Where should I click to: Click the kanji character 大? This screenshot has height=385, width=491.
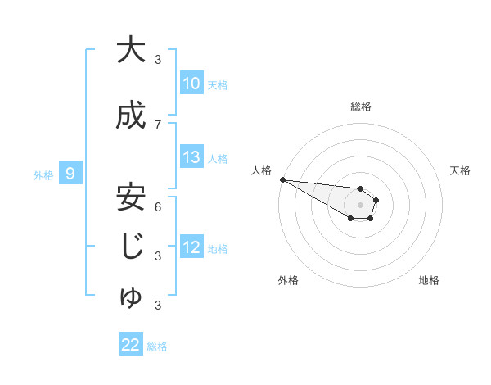130,50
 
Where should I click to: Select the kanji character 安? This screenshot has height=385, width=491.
130,197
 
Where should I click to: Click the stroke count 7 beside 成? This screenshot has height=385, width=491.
158,125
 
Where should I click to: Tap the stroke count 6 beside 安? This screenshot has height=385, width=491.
158,206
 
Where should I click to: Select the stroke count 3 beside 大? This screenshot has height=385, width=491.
158,59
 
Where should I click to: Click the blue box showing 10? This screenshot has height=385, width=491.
191,84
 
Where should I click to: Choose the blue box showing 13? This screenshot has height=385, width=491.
191,157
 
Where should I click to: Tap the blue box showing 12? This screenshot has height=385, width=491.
191,247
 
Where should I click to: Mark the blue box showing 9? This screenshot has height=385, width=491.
71,174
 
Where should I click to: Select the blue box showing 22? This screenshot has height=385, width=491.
130,345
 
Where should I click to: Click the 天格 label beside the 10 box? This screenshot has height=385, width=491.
218,84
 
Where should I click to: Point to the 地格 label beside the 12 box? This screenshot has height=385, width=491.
218,248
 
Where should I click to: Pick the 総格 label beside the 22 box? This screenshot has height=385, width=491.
157,346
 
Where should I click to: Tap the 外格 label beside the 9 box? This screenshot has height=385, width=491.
43,174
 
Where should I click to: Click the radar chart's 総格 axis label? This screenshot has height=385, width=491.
360,106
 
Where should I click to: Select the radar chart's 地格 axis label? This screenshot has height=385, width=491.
429,281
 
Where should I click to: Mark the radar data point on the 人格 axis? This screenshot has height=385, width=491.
282,179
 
